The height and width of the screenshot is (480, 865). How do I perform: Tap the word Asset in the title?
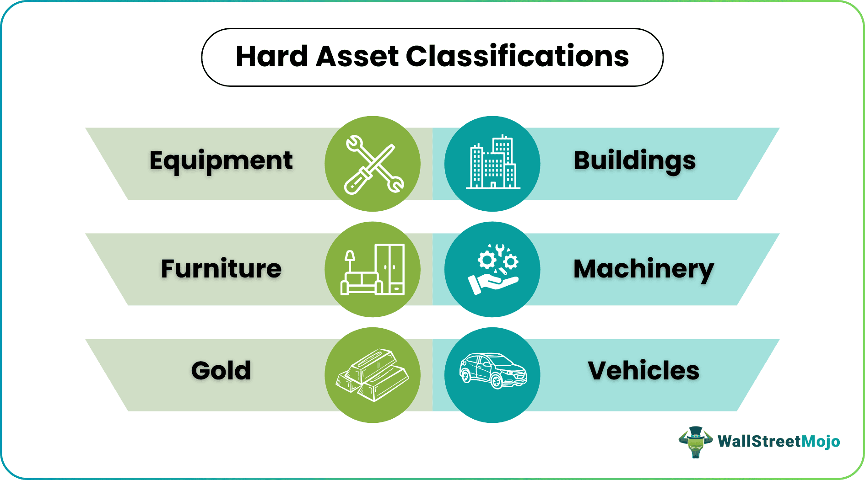point(357,57)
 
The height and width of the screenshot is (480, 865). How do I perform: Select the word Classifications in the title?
point(517,57)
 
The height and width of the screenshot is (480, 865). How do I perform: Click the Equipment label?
point(221,161)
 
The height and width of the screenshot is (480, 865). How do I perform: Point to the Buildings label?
point(634,161)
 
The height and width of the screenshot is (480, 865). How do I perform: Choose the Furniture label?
point(221,269)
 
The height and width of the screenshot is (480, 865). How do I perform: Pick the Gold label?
point(221,370)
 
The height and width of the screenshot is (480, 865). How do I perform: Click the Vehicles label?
point(643,370)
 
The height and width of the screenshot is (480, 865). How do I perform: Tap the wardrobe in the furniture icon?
point(389,269)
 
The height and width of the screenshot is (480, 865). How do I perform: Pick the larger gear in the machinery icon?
point(487,261)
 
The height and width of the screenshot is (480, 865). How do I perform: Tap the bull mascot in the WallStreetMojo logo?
point(695,442)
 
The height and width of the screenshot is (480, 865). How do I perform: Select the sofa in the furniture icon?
point(361,283)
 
